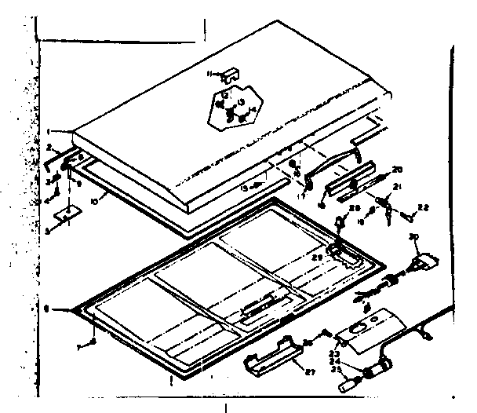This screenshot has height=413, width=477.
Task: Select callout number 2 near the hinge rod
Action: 48,148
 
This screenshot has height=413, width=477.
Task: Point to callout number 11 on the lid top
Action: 208,75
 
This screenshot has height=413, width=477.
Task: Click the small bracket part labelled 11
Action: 229,73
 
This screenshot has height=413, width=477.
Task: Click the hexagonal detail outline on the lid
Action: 229,107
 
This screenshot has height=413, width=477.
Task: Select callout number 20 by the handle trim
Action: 397,170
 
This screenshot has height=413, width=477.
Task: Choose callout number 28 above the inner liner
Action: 354,209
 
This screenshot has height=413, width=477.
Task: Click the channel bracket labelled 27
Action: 270,356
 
